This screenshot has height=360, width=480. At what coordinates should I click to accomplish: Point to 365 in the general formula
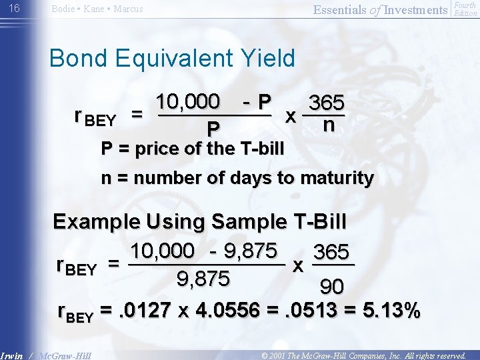pos(327,103)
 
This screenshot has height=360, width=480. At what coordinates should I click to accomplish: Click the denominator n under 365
pos(328,125)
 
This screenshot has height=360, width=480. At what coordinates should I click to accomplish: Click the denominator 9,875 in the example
pos(203,278)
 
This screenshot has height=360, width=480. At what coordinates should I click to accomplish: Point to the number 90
pos(331,287)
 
